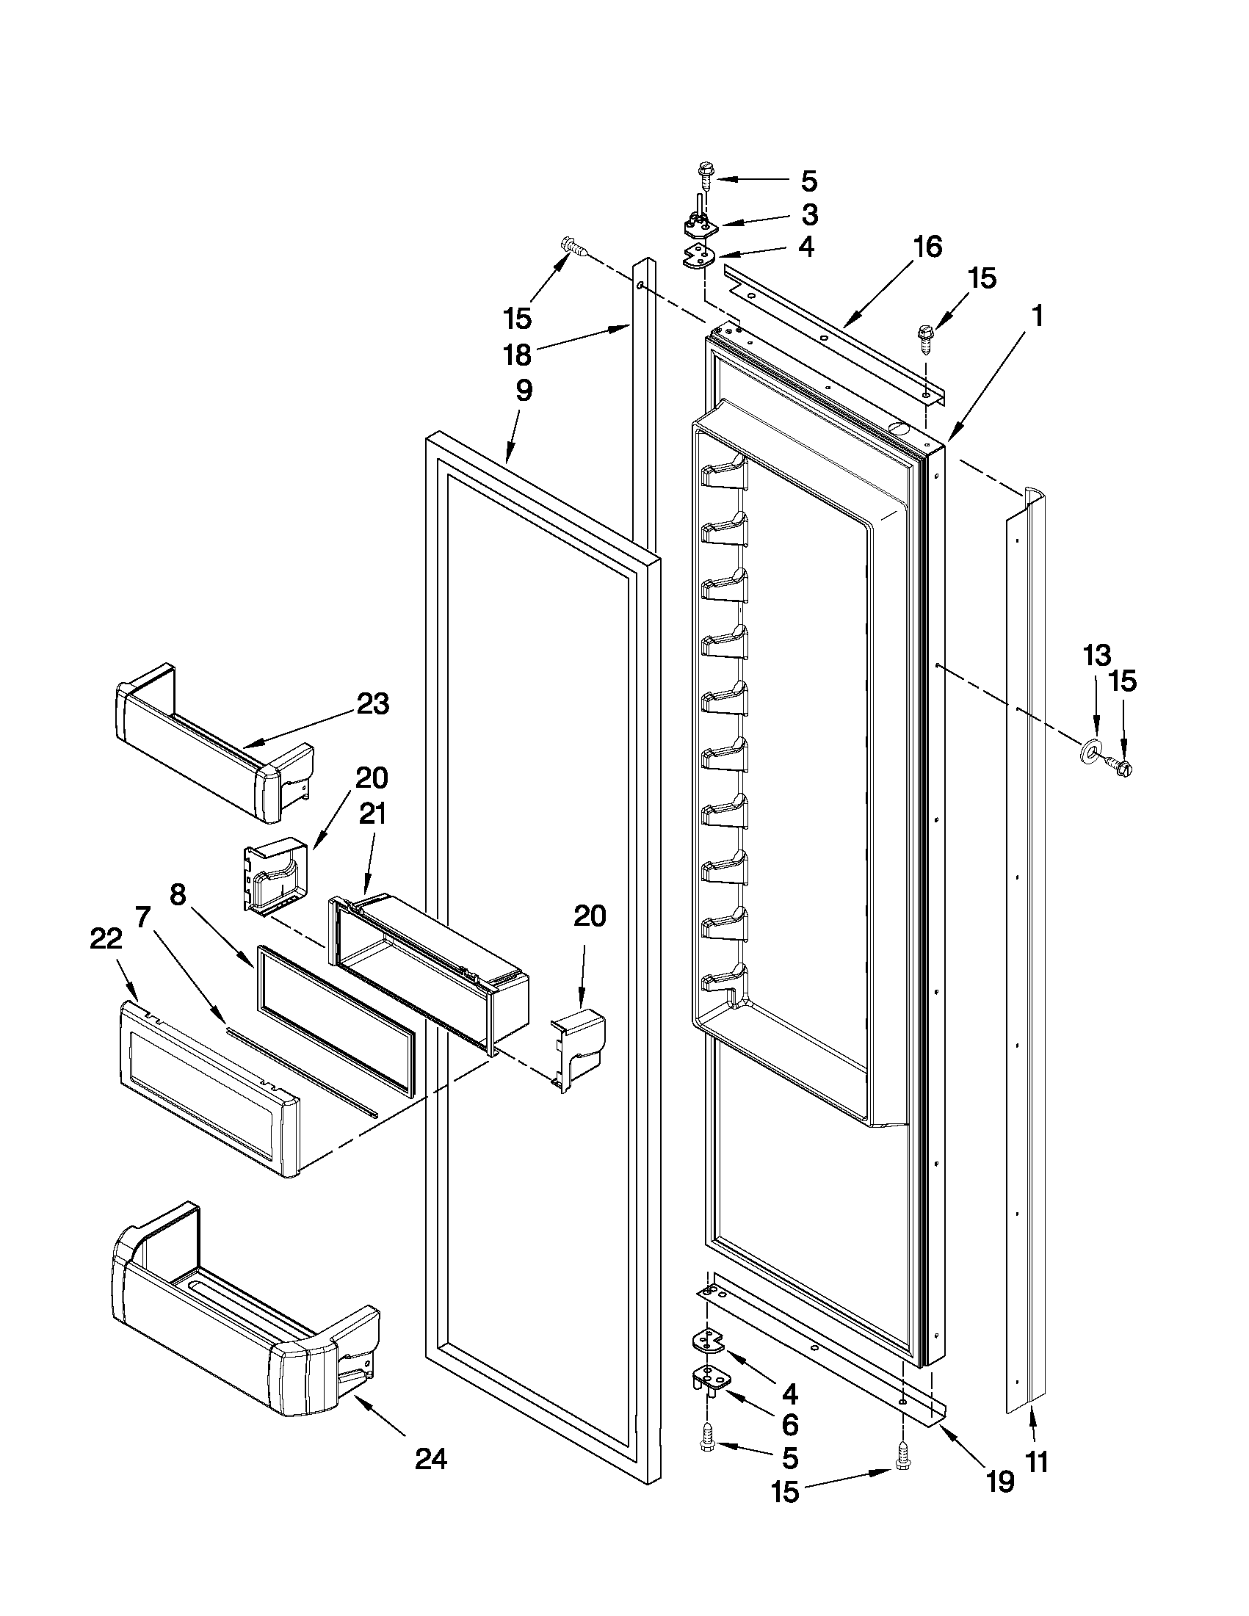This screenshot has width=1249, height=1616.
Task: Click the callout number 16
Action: click(927, 247)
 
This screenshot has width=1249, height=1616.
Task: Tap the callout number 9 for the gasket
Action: click(523, 390)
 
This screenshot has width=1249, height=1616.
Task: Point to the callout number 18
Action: click(517, 355)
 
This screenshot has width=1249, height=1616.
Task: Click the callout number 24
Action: click(430, 1460)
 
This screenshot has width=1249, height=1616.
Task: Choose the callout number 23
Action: click(372, 704)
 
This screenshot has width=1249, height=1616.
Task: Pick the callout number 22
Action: click(106, 939)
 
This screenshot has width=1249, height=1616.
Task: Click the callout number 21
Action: click(372, 815)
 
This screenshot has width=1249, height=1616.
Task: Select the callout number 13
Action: click(1097, 656)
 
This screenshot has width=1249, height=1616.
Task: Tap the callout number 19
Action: click(1000, 1482)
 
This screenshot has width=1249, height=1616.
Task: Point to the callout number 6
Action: click(790, 1424)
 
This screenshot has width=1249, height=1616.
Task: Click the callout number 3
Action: click(809, 215)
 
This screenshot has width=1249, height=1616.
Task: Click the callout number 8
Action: click(178, 894)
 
